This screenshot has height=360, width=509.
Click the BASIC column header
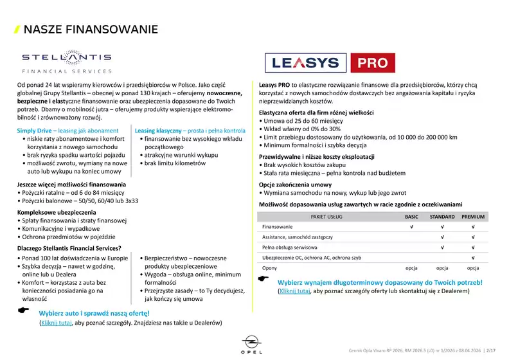(x=411, y=217)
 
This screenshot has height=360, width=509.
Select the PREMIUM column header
(x=472, y=217)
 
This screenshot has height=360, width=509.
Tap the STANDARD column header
(x=442, y=217)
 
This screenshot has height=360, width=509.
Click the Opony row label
(x=270, y=267)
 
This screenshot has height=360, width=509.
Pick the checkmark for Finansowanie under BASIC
(x=411, y=227)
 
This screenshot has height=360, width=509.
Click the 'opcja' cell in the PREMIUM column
(x=472, y=267)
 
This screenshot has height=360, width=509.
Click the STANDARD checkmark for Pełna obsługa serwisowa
(x=442, y=247)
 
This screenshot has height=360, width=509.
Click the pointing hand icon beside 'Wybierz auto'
(x=23, y=310)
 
